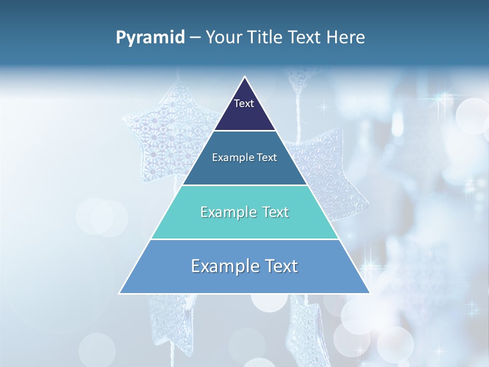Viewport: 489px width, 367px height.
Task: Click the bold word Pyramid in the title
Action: tap(150, 38)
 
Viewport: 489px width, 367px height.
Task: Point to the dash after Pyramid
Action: tap(195, 38)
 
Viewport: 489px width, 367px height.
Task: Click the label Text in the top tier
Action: tap(244, 103)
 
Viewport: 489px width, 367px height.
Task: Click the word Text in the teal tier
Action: tap(273, 212)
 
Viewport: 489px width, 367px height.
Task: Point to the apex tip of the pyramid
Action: tap(245, 77)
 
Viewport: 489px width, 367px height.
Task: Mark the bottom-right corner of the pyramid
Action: tap(369, 293)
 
